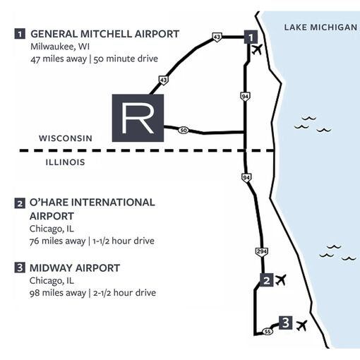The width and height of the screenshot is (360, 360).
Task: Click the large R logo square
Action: coord(138,118)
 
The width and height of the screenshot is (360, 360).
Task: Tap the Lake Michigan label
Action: coord(320,28)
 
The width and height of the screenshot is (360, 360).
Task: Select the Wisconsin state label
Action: coord(66,138)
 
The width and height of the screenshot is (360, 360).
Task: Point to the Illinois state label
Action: coord(65,162)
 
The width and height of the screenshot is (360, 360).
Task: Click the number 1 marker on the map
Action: coord(251,37)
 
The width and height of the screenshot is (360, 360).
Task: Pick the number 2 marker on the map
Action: coord(267,280)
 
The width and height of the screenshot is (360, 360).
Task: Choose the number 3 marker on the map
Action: coord(286,323)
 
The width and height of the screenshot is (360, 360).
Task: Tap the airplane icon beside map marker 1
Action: coord(257,49)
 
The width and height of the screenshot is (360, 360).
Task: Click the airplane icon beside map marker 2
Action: coord(281,280)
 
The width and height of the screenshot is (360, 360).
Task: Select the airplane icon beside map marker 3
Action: coord(301,325)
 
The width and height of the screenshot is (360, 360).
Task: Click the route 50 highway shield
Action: coord(184,130)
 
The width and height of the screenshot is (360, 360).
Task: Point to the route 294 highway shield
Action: coord(262,251)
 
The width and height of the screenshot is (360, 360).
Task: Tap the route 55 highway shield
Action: coord(268,332)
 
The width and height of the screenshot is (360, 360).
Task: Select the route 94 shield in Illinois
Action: coord(246,177)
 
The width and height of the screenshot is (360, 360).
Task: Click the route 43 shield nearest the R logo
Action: coord(164,80)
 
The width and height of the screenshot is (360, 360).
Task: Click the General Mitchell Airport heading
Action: coord(105,34)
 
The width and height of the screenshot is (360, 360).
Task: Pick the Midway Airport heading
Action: coord(75,268)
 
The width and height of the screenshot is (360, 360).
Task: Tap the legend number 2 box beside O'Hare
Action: coord(20,203)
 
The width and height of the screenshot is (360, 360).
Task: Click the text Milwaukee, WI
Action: coord(60,47)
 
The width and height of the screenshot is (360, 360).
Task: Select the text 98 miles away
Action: coord(58,293)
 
